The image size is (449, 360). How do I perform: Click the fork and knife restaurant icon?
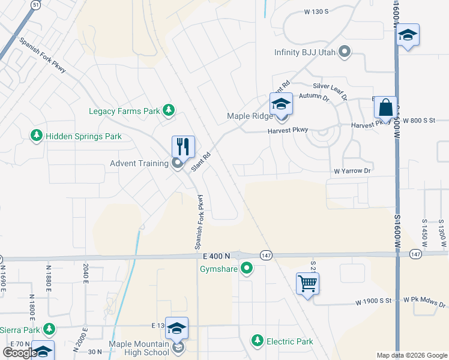pos(183,146)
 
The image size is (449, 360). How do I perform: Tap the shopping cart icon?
pos(307,283)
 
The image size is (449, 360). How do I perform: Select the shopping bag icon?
pos(385,108)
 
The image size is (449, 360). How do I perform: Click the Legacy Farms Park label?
pos(124,110)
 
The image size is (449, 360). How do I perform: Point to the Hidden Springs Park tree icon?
pos(37,136)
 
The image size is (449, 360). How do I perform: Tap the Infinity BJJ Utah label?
pos(304,53)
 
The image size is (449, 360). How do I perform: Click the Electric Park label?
pos(290,341)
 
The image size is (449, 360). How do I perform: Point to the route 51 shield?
pos(36,4)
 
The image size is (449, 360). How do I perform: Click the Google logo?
pos(20,353)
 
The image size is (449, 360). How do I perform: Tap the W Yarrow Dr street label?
pos(353,171)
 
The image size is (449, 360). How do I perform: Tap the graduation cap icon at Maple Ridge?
pos(280,104)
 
